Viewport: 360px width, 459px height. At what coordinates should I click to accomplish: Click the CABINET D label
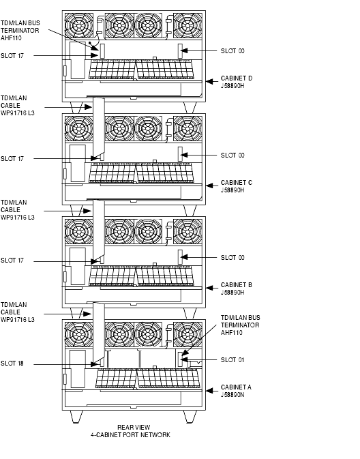coord(237,82)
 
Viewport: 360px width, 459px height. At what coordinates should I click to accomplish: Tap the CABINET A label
coord(236,391)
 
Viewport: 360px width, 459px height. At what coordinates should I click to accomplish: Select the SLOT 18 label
coord(12,364)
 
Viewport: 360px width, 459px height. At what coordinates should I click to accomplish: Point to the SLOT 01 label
coord(232,359)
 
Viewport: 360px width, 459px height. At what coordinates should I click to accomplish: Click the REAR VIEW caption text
coord(134,428)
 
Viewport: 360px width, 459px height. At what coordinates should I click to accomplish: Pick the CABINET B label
coord(237,288)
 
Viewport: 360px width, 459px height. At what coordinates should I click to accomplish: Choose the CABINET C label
coord(237,186)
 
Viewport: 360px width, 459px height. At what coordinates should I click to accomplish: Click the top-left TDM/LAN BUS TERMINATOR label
coord(20,31)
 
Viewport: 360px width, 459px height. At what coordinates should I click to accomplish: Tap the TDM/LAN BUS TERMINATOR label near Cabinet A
coord(240,325)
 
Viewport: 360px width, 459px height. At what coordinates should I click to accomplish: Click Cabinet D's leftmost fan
coord(78,25)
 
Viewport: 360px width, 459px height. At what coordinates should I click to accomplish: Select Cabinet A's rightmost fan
coord(187,334)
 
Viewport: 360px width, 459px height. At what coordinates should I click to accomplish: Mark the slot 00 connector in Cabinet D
coord(180,51)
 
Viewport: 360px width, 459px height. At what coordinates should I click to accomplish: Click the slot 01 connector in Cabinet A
coord(180,359)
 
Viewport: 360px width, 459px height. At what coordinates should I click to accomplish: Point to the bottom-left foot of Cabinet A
coord(76,417)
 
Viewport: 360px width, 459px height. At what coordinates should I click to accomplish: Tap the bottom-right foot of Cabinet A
coord(190,417)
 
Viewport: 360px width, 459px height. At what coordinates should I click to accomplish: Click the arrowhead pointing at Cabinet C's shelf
coord(209,186)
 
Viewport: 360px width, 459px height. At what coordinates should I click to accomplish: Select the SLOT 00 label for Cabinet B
coord(232,258)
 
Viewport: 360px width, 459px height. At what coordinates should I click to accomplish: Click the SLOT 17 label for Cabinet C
coord(12,159)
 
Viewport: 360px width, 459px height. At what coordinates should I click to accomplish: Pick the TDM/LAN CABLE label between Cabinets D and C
coord(18,106)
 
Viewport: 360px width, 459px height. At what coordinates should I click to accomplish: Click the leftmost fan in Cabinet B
coord(78,231)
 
